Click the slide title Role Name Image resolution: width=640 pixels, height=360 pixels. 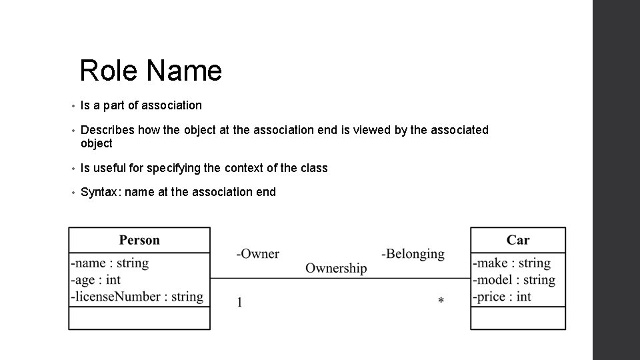point(150,70)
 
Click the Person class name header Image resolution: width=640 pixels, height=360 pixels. point(139,240)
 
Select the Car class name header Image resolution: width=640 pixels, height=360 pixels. point(518,240)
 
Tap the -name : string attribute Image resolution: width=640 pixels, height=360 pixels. point(110,263)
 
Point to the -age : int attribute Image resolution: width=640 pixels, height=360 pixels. point(96,280)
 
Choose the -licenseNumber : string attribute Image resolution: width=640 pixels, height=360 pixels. point(137,297)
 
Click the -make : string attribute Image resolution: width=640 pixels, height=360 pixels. point(512,263)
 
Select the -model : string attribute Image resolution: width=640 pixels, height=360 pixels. point(514,280)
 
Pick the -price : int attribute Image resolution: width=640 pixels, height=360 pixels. point(502,297)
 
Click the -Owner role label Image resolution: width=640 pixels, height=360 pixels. point(257,254)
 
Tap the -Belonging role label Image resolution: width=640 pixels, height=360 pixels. point(413,254)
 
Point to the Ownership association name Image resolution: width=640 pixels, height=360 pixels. point(336,268)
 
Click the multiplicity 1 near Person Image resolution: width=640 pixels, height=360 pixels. point(239,303)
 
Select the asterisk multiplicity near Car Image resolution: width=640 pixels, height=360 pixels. point(441,302)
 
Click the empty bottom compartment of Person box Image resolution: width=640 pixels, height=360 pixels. point(139,318)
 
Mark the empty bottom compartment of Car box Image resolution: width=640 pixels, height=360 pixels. point(518,318)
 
